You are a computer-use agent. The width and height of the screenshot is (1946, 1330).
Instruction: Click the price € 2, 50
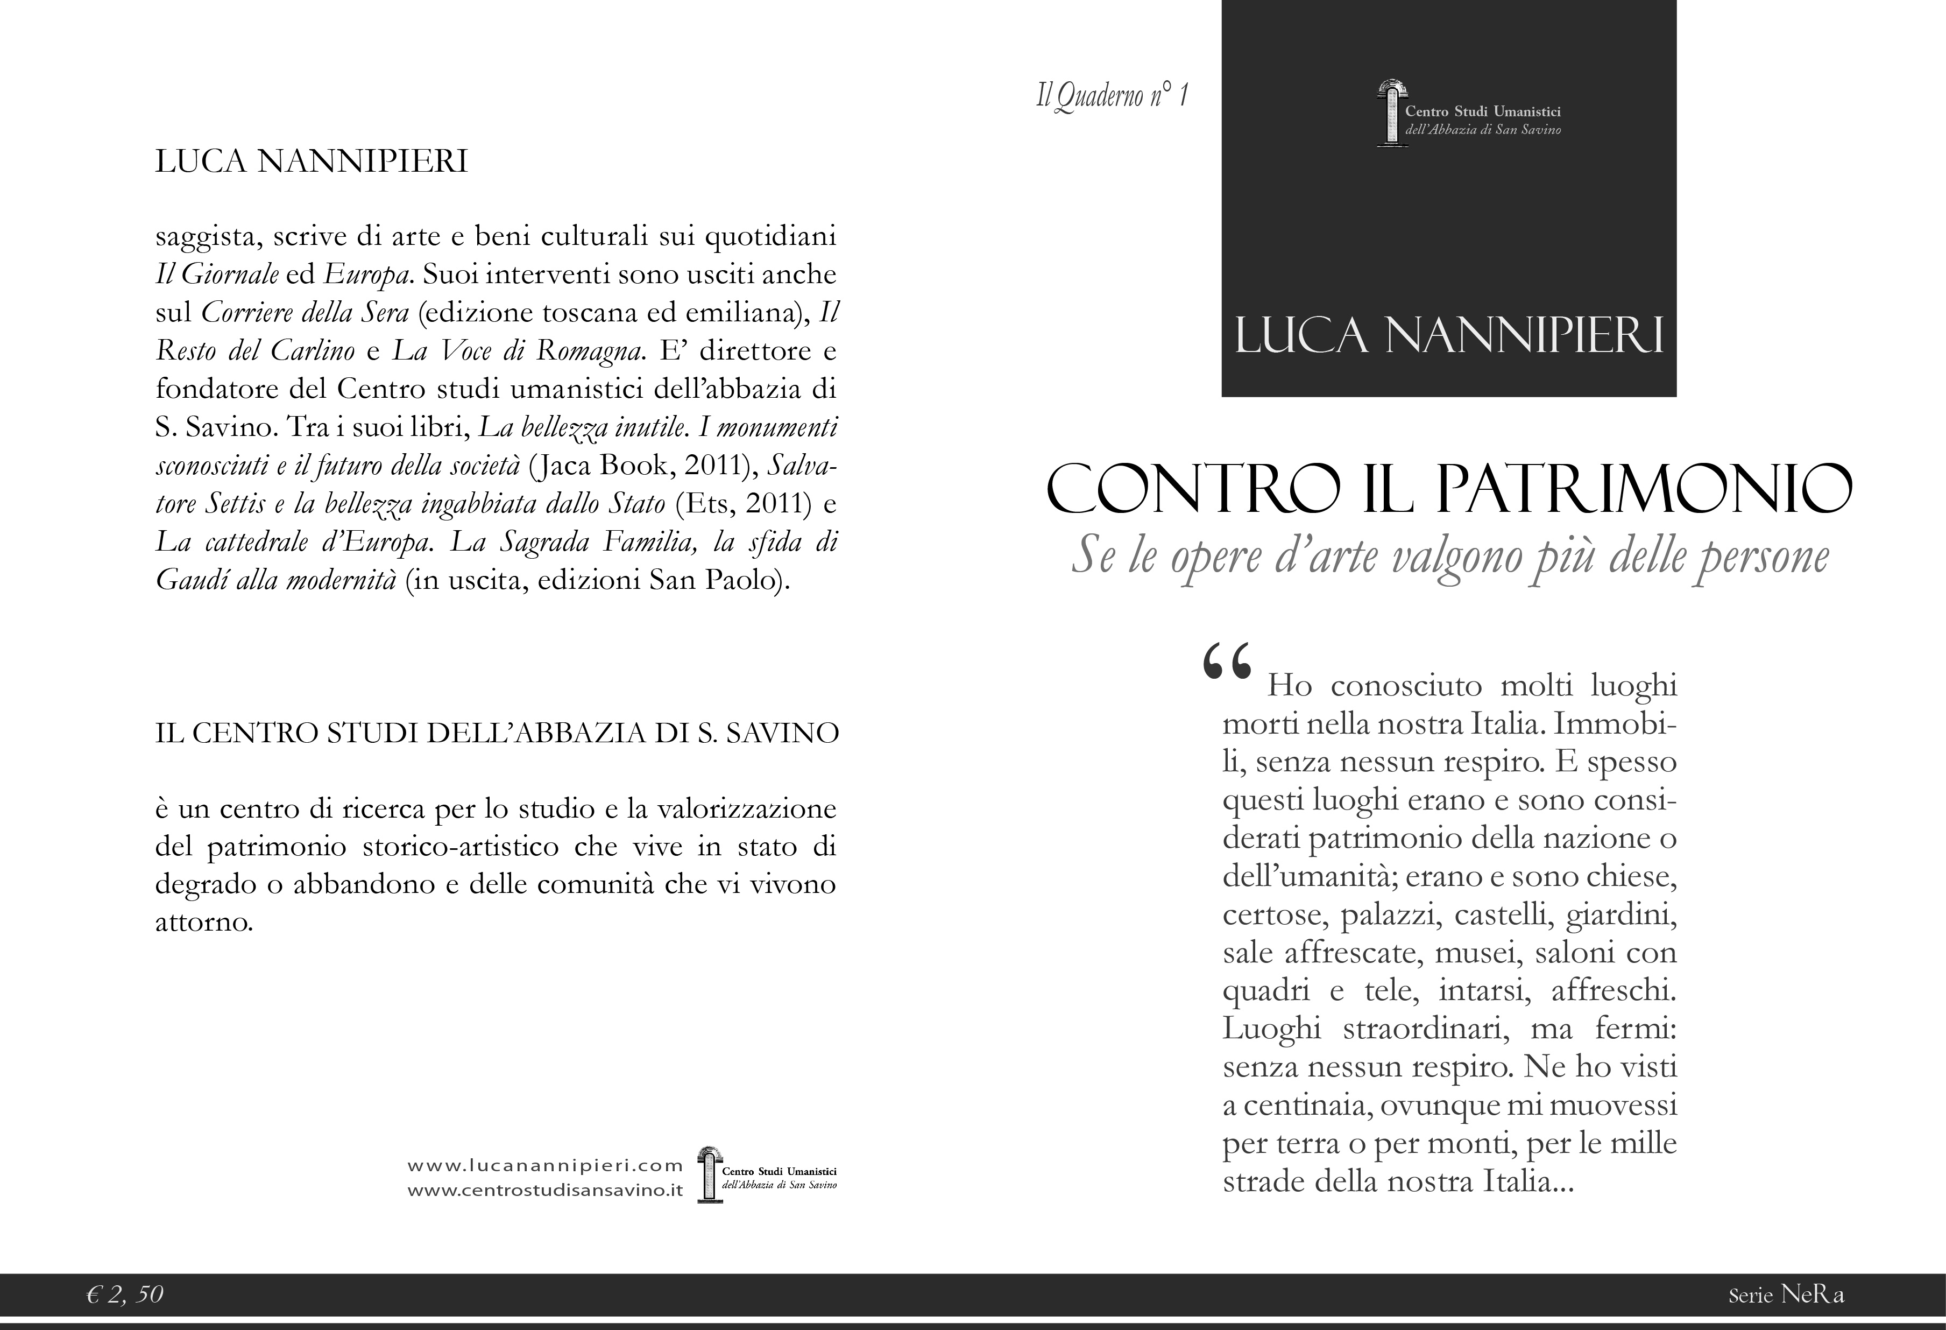click(x=125, y=1295)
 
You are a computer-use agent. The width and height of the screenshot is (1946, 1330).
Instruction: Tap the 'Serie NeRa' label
click(x=1786, y=1296)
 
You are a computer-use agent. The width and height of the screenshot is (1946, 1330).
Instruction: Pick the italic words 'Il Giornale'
click(x=217, y=275)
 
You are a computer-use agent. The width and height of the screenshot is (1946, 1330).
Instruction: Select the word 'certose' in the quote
click(x=1275, y=916)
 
